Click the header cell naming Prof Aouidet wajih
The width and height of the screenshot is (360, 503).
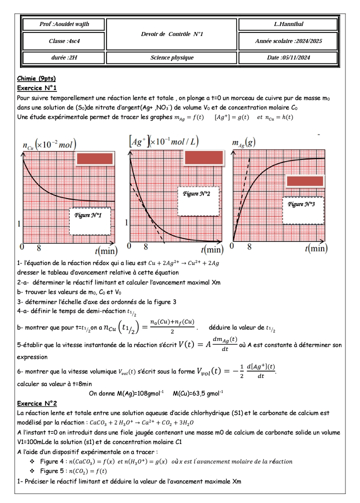(63, 24)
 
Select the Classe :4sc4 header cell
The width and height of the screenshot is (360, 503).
(63, 40)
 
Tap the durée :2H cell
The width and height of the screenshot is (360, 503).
(63, 58)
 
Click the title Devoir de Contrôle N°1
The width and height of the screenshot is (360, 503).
(172, 33)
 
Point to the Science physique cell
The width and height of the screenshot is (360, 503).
(172, 58)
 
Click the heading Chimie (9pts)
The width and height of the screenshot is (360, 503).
(36, 78)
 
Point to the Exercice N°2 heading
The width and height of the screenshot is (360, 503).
(37, 403)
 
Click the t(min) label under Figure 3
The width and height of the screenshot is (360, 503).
(315, 248)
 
